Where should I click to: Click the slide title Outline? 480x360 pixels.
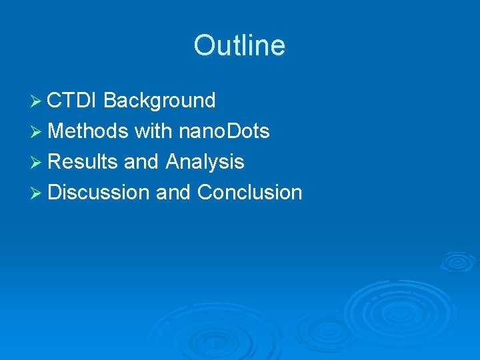pyautogui.click(x=239, y=46)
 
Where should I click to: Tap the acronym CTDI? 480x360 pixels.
pyautogui.click(x=73, y=101)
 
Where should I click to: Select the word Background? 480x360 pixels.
pyautogui.click(x=159, y=101)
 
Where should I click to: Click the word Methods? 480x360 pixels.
pyautogui.click(x=88, y=131)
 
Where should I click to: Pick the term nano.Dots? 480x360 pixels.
pyautogui.click(x=224, y=131)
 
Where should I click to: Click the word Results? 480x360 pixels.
pyautogui.click(x=83, y=162)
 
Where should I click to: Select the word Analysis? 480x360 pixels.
pyautogui.click(x=205, y=162)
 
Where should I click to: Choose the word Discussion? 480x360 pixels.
pyautogui.click(x=99, y=193)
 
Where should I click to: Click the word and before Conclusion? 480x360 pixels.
pyautogui.click(x=173, y=193)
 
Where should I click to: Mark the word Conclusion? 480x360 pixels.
pyautogui.click(x=250, y=193)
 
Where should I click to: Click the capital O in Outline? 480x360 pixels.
pyautogui.click(x=204, y=46)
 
